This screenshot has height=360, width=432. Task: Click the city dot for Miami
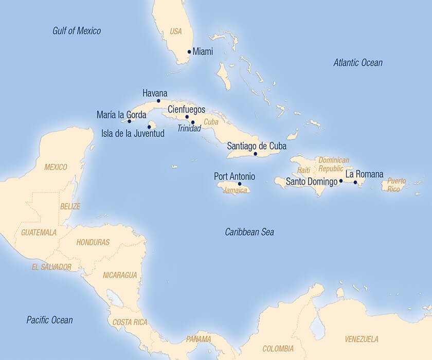[x=189, y=51]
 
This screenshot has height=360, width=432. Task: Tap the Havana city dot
[x=158, y=101]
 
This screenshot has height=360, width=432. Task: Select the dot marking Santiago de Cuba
[x=256, y=153]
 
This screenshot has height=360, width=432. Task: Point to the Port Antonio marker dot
[x=240, y=184]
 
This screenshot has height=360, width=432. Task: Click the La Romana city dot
[x=355, y=182]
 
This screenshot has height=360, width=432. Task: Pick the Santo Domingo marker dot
[x=341, y=181]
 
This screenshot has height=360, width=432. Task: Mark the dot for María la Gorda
[x=129, y=121]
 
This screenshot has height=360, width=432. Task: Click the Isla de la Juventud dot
[x=149, y=127]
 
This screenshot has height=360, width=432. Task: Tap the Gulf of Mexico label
[x=77, y=31]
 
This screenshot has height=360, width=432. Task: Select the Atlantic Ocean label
[x=358, y=63]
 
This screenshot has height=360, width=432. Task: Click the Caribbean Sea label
[x=249, y=232]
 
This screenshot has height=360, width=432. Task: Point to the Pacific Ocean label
[x=49, y=320]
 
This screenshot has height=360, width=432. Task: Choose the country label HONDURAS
[x=93, y=242]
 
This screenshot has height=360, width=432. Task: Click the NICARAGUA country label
[x=120, y=275]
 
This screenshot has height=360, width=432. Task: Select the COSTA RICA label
[x=130, y=322]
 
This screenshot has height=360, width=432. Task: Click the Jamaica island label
[x=236, y=190]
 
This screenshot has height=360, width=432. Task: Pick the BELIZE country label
[x=70, y=206]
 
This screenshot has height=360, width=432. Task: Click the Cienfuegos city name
[x=187, y=110]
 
